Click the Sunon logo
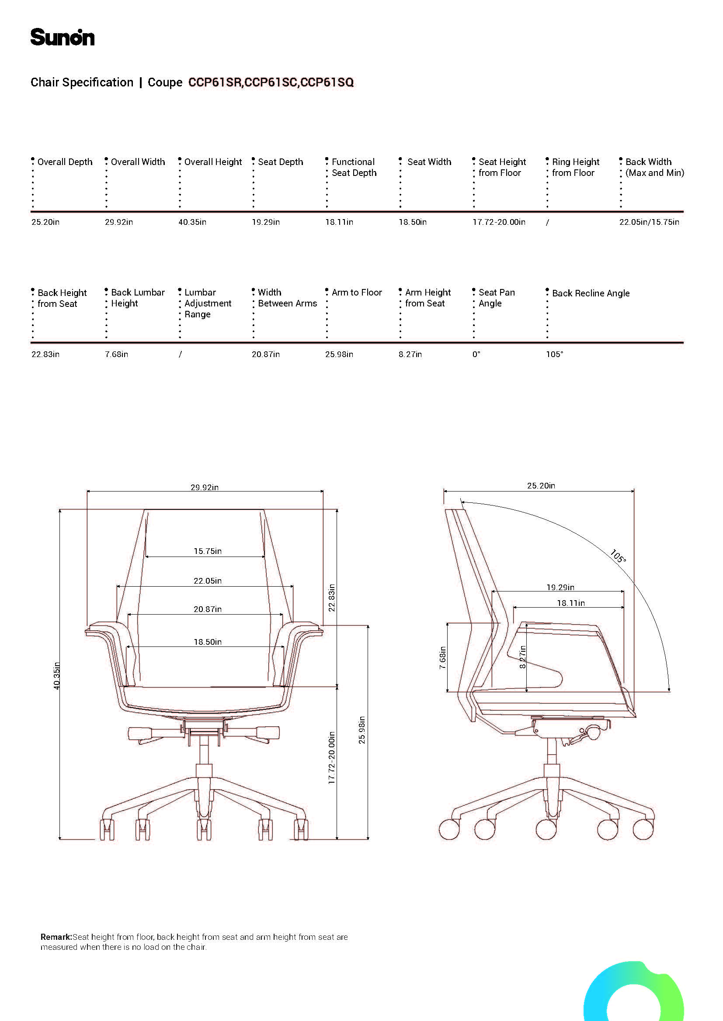click(63, 38)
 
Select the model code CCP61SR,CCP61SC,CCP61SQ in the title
click(271, 82)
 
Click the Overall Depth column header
click(65, 162)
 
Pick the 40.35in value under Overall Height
click(192, 222)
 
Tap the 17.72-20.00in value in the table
click(499, 222)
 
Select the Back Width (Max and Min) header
click(654, 167)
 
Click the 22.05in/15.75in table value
click(649, 222)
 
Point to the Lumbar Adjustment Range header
click(208, 303)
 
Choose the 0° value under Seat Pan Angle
click(476, 354)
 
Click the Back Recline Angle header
click(591, 293)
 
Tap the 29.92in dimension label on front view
click(204, 488)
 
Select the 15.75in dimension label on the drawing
click(208, 551)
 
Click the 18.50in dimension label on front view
click(208, 642)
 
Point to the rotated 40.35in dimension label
click(56, 676)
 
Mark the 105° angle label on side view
click(618, 556)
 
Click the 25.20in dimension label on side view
click(541, 485)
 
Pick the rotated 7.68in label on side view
click(442, 658)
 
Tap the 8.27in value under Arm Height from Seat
click(410, 354)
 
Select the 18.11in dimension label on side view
click(571, 603)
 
